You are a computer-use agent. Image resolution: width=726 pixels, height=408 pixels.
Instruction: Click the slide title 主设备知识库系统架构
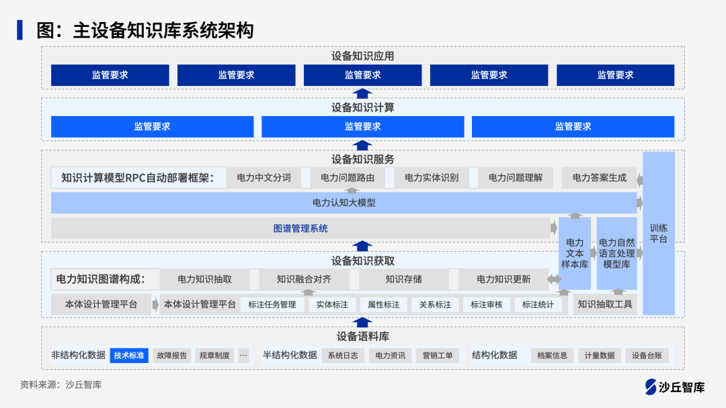[145, 30]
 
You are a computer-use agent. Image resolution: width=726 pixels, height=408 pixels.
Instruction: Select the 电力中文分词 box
[264, 178]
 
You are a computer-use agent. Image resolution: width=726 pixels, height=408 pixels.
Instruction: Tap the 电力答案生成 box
[599, 178]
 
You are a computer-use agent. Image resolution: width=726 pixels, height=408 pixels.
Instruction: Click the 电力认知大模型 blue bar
[344, 203]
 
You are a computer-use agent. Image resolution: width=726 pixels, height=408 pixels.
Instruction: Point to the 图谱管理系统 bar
[300, 228]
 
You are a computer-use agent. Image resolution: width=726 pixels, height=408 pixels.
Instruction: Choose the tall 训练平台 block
[658, 233]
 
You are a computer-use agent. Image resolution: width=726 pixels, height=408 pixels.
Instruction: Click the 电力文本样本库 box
[575, 253]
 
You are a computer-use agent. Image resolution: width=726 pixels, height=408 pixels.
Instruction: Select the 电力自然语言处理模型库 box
[616, 253]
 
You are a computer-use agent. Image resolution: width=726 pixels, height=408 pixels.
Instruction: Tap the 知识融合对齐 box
[304, 279]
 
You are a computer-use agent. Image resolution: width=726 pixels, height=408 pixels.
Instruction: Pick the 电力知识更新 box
[503, 279]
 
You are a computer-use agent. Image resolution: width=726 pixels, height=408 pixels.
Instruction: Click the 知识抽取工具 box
[605, 304]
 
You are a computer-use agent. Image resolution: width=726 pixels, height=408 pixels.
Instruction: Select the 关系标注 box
[435, 305]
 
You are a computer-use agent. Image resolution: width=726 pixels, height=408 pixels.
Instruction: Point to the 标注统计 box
[538, 305]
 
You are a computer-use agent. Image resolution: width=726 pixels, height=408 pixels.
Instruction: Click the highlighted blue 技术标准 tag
[129, 355]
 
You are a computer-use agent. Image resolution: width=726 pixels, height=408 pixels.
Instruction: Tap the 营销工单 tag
[438, 356]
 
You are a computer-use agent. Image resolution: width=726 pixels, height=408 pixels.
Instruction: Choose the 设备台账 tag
[647, 356]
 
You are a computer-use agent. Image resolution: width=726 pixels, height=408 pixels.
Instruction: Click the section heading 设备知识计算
[363, 107]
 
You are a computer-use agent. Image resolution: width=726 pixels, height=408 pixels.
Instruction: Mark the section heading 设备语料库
[363, 336]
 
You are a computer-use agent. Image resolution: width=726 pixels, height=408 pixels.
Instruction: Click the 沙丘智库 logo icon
[650, 387]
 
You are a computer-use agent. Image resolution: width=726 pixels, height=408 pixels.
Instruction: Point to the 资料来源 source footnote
[61, 385]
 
